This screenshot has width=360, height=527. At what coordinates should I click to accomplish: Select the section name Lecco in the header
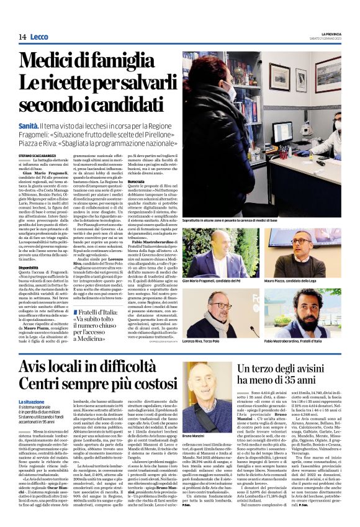pyautogui.click(x=40, y=37)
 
